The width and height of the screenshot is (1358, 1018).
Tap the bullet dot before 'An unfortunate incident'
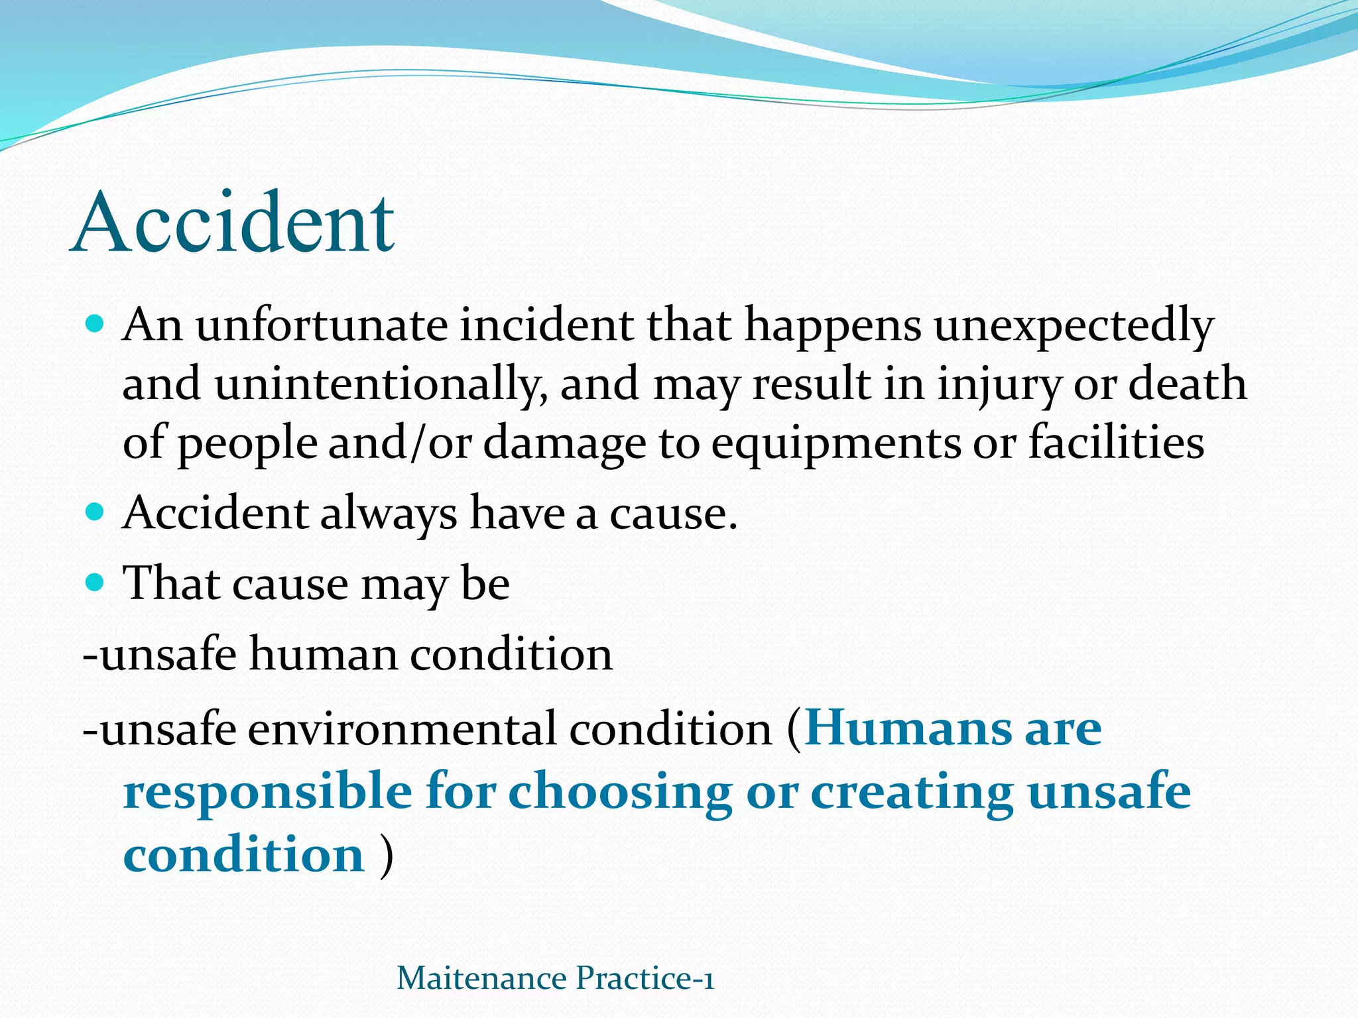95,324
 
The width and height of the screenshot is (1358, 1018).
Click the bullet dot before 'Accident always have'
95,512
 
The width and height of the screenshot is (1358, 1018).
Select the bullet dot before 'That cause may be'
95,583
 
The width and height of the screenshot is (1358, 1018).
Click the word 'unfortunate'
322,325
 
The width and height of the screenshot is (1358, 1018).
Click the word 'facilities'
1117,442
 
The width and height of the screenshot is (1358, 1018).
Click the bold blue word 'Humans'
908,728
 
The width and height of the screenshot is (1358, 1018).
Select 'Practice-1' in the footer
645,978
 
